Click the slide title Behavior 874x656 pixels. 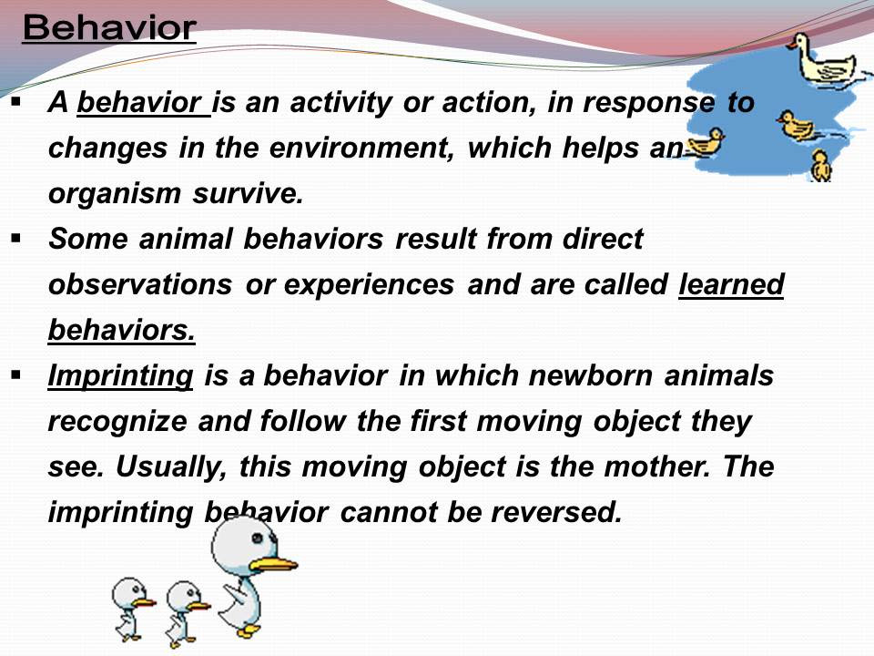(x=109, y=28)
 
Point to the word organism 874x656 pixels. (x=115, y=194)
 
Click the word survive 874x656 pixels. (x=248, y=193)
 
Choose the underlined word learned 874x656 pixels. (x=731, y=284)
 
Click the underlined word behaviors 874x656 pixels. (x=121, y=330)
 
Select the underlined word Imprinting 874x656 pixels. (x=120, y=376)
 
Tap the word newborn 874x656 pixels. (x=590, y=374)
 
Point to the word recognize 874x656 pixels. (x=117, y=422)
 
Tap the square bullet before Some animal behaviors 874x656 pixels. (x=15, y=240)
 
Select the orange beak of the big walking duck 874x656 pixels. (x=273, y=564)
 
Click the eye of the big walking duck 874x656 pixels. (x=257, y=538)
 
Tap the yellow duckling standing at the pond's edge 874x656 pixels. (x=820, y=165)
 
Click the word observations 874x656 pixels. (x=140, y=284)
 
